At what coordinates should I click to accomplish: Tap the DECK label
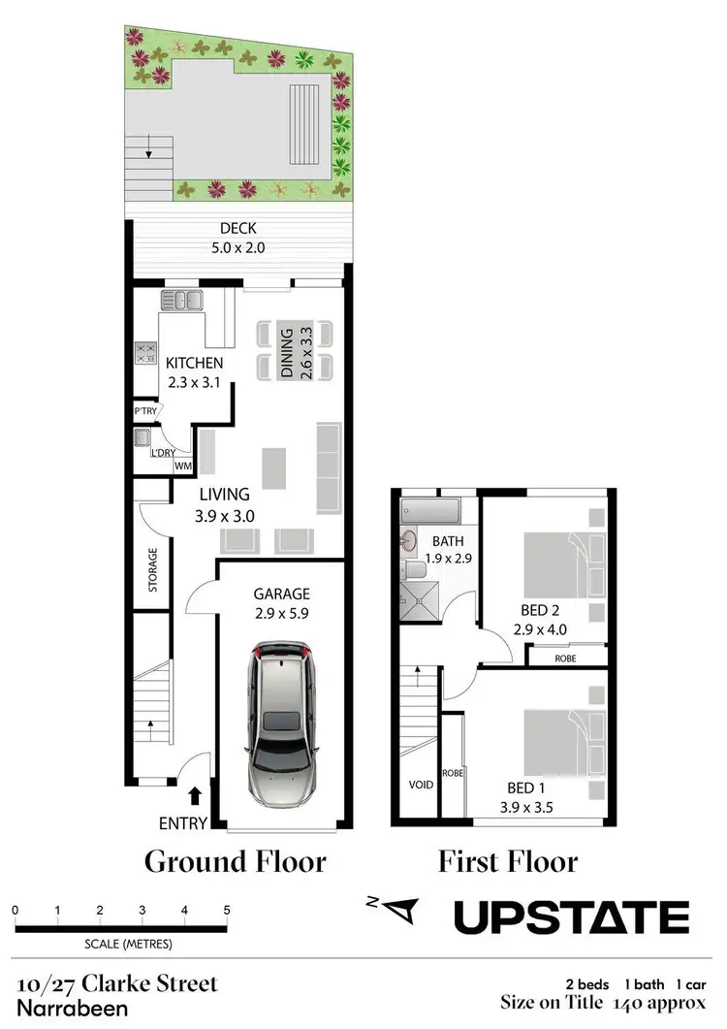click(238, 229)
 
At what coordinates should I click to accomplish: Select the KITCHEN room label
click(194, 364)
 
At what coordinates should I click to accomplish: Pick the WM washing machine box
click(182, 466)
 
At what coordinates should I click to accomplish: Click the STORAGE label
click(152, 570)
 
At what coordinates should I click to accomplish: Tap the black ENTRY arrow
click(195, 796)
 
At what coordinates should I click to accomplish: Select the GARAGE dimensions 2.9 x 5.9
click(280, 614)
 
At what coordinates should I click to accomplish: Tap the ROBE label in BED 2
click(565, 657)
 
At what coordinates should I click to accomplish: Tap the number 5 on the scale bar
click(227, 911)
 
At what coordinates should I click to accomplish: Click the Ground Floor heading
click(236, 860)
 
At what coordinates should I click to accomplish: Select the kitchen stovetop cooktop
click(147, 352)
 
